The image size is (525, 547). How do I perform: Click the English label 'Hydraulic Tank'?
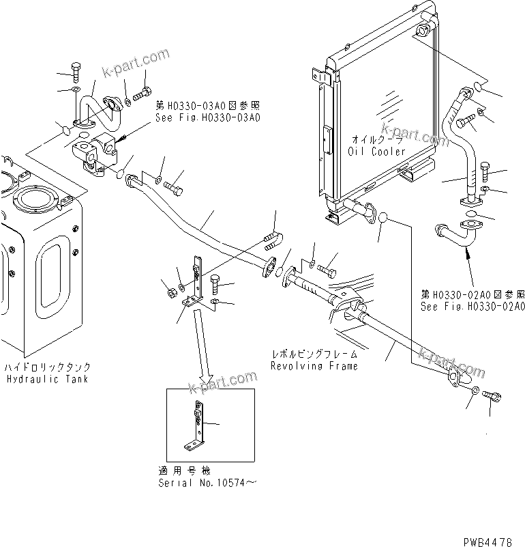[47, 378]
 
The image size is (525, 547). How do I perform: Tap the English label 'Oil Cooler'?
[376, 152]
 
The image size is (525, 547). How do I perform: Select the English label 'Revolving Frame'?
[314, 366]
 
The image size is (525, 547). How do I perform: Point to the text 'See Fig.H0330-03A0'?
[207, 117]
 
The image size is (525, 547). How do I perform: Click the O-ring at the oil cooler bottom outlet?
[383, 219]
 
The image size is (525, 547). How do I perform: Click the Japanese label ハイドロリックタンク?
[46, 367]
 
